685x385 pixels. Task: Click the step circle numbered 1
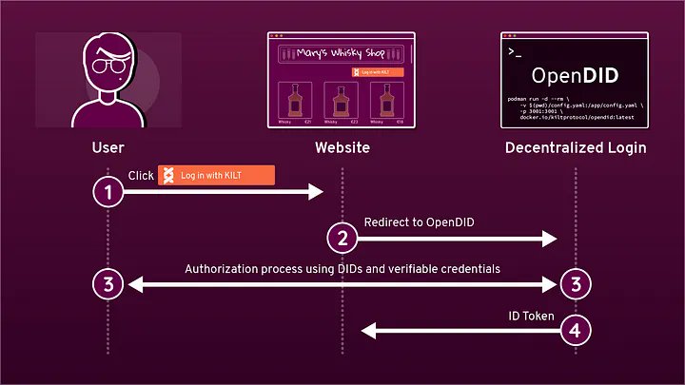pos(108,192)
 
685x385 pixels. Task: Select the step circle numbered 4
pos(576,330)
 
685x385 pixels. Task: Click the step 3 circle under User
pos(108,283)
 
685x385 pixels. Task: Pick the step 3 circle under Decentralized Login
pos(576,283)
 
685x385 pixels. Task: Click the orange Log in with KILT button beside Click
pos(216,175)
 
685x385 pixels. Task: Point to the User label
pos(108,147)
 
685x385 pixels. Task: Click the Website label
pos(342,147)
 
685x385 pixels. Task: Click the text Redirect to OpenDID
pos(419,222)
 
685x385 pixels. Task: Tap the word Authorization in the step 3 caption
pos(220,269)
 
